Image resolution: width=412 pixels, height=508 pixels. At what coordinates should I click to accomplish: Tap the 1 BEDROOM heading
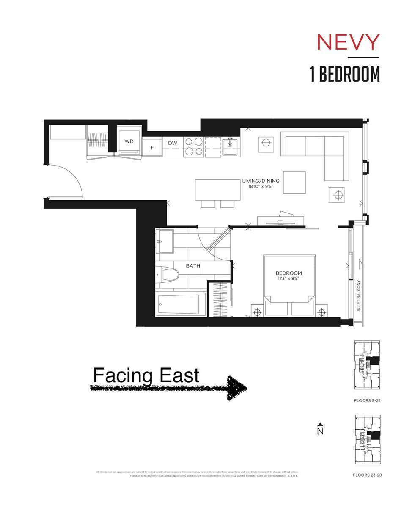coord(344,75)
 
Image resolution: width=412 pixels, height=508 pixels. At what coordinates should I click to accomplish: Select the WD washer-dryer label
coord(129,141)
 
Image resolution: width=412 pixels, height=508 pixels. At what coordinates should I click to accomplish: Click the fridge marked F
coord(152,148)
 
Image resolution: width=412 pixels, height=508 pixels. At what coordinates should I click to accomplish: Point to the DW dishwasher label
coord(172,143)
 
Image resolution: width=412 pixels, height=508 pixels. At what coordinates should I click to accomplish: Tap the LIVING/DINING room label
coord(261,181)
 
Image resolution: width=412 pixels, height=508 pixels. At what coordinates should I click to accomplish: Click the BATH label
coord(193,266)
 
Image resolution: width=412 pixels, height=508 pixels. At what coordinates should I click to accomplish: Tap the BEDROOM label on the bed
coord(289,273)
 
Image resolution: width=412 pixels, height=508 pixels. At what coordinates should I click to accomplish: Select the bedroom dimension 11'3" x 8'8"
coord(289,279)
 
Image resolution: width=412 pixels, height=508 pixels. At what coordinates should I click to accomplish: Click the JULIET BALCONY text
coord(358,296)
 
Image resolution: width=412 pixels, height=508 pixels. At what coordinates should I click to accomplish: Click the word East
coord(177,375)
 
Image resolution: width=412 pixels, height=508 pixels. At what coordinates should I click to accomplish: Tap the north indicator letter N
coord(321,431)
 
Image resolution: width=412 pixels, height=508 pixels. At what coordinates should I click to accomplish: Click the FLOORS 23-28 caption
coord(367,475)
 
